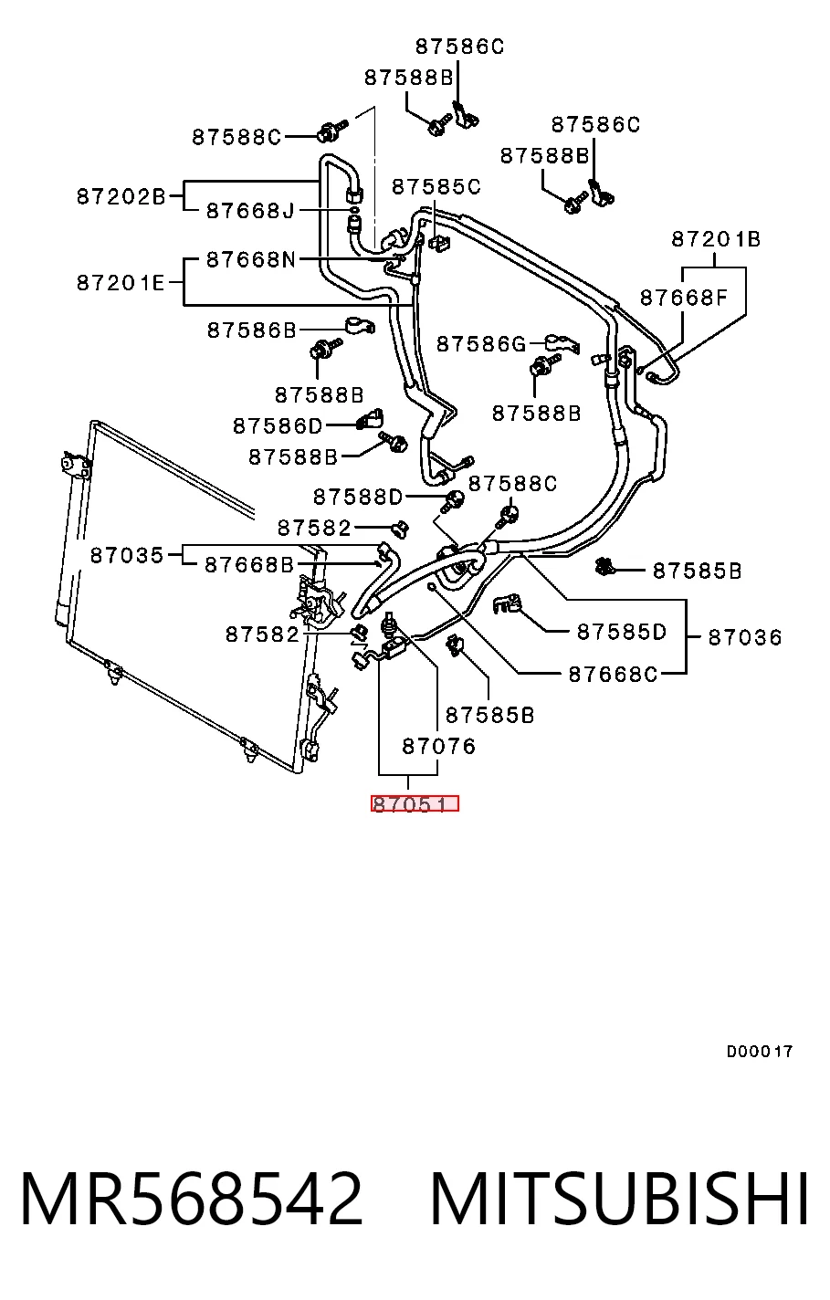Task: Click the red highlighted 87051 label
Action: [415, 803]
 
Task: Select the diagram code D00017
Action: [759, 1052]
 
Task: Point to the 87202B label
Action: [121, 197]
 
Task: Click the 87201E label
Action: [121, 283]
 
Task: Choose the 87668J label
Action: [251, 211]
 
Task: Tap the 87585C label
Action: [436, 187]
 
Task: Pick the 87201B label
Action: [716, 239]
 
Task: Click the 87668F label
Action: [684, 298]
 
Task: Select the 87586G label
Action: [481, 344]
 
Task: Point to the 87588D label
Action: [358, 498]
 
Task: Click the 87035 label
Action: [127, 556]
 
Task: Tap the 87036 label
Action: [745, 638]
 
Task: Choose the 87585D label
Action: [622, 632]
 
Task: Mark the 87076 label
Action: [439, 747]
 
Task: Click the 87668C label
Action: [613, 675]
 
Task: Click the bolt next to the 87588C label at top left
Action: [331, 131]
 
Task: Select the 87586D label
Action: [278, 426]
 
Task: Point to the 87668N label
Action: [251, 259]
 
